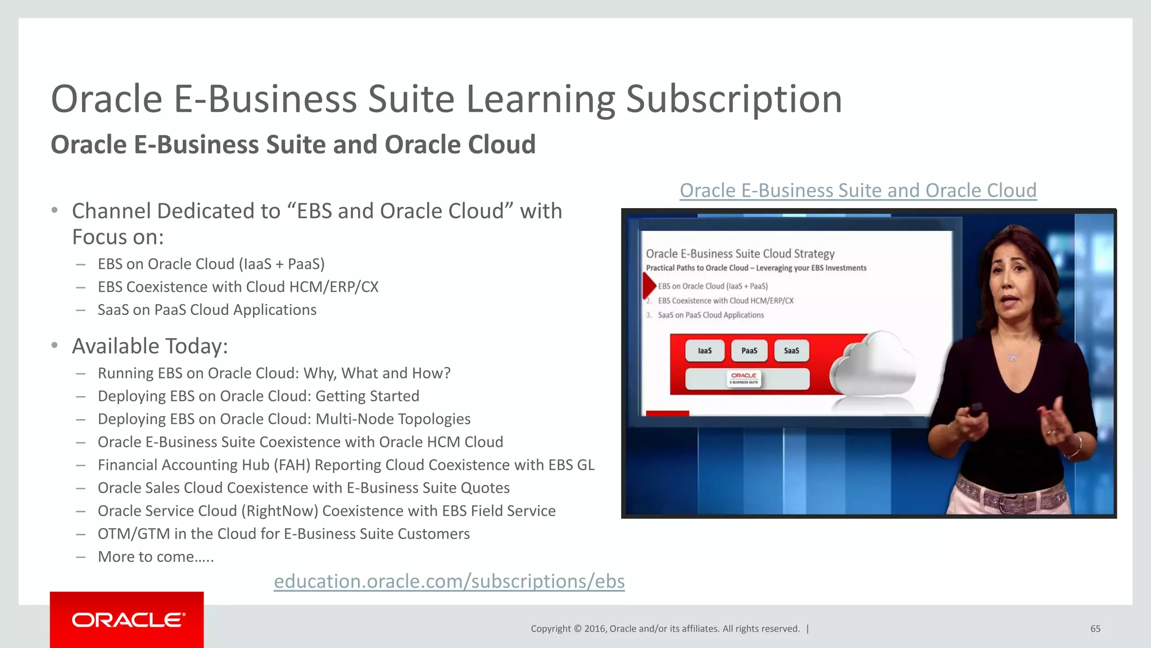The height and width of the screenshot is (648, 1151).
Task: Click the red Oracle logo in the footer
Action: coord(127,619)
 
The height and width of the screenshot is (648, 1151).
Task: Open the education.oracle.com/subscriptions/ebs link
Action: coord(449,581)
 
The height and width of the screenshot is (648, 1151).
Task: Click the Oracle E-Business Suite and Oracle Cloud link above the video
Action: coord(858,191)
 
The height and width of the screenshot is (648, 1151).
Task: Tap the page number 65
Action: coord(1095,629)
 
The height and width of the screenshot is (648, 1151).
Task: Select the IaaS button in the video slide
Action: coord(704,351)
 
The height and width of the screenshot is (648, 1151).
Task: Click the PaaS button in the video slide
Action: coord(749,351)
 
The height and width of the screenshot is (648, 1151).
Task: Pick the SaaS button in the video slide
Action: coord(791,351)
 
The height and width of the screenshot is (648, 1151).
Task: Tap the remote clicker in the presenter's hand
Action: coord(975,410)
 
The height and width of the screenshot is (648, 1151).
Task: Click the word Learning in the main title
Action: coord(540,99)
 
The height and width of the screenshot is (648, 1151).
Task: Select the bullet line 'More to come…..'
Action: coord(156,557)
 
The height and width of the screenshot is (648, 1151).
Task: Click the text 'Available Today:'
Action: coord(150,346)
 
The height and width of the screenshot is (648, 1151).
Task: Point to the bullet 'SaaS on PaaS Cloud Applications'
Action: coord(207,310)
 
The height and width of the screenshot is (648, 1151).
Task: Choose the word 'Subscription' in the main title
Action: coord(734,99)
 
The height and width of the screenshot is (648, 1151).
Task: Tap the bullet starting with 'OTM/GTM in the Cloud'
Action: coord(283,534)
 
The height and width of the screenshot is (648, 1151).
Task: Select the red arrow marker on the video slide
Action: coord(649,285)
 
